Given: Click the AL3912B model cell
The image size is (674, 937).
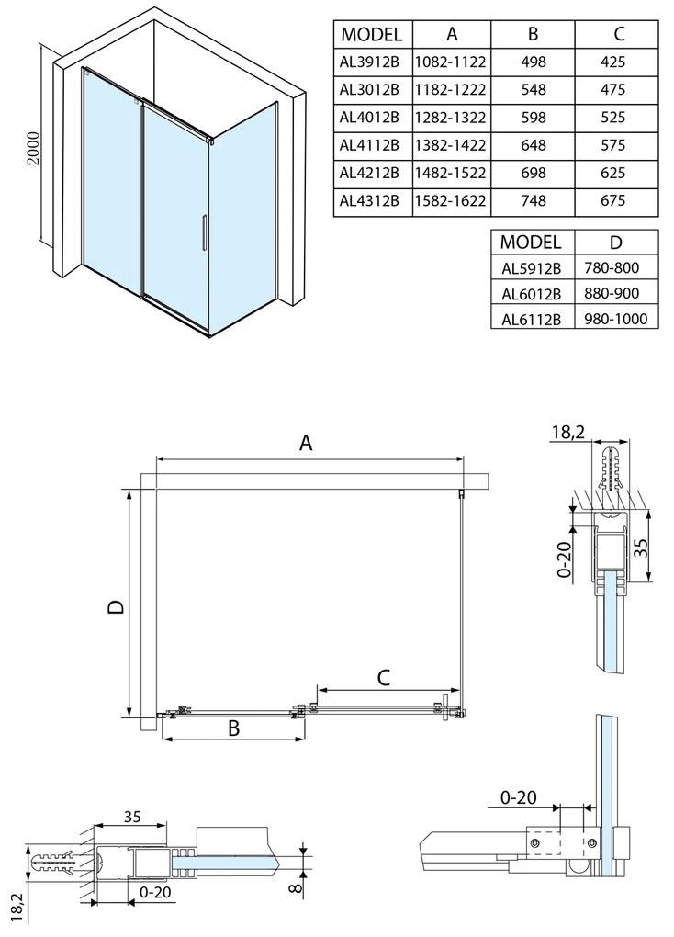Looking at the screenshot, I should pyautogui.click(x=369, y=62).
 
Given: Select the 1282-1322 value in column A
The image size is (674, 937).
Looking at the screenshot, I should pyautogui.click(x=452, y=118).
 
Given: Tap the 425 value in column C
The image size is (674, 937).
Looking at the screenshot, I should pyautogui.click(x=615, y=62).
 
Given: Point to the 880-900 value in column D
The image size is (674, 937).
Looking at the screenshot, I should pyautogui.click(x=615, y=293).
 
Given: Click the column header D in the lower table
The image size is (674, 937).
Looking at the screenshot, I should pyautogui.click(x=615, y=243).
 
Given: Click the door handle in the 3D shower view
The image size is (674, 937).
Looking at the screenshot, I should pyautogui.click(x=204, y=233).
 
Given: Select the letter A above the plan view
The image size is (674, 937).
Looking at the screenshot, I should pyautogui.click(x=307, y=443).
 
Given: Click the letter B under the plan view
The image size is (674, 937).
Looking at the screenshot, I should pyautogui.click(x=233, y=728).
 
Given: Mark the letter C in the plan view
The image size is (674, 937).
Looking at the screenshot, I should pyautogui.click(x=384, y=678).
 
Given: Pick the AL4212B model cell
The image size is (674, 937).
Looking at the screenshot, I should pyautogui.click(x=369, y=173).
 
